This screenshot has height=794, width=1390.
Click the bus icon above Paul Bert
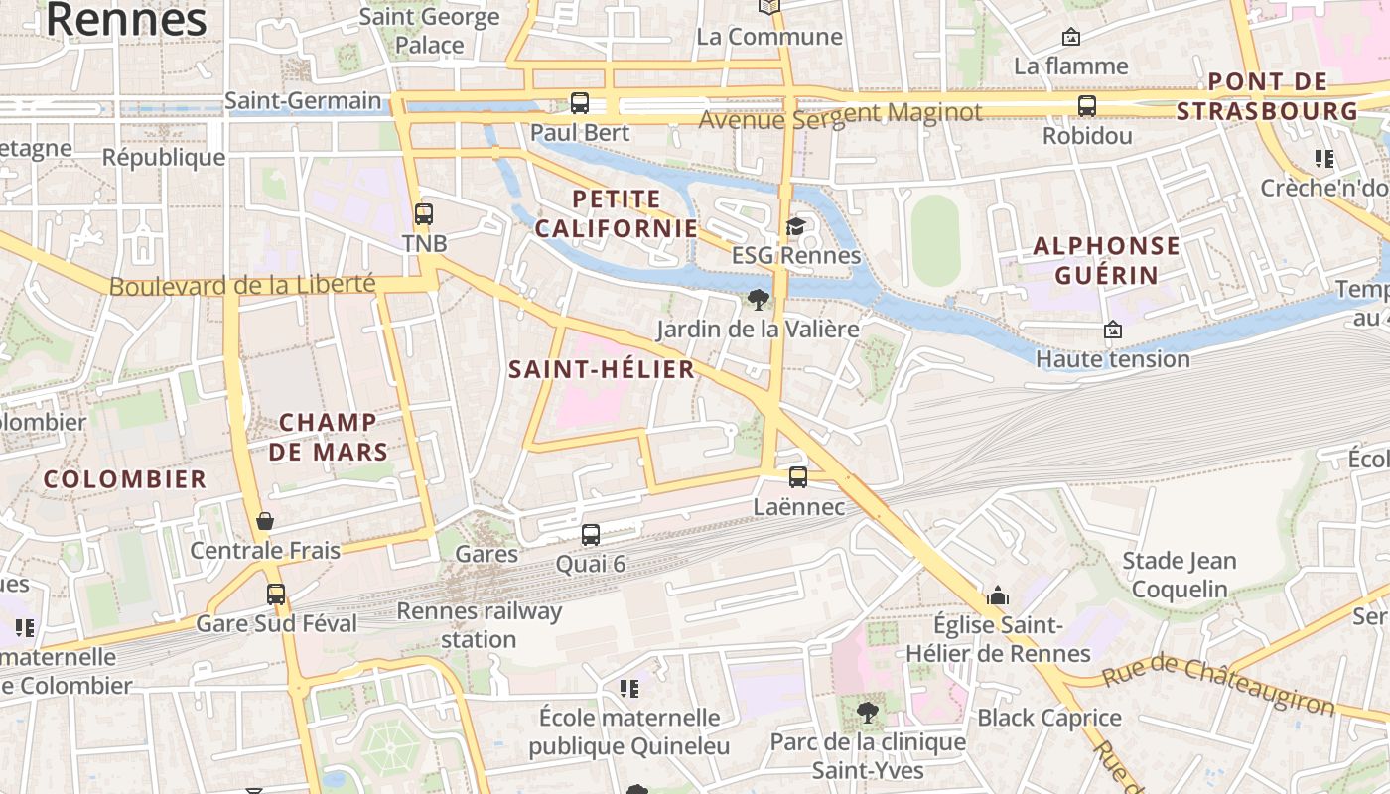click(579, 102)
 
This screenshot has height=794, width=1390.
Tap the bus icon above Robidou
click(1087, 106)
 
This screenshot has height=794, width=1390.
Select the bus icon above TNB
click(424, 214)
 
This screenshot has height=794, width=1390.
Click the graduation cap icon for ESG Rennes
click(795, 226)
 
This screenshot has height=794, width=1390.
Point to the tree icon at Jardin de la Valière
click(759, 299)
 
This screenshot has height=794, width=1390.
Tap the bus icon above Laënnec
click(798, 477)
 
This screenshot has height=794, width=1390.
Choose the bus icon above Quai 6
click(591, 535)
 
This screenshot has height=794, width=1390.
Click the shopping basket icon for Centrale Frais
click(265, 521)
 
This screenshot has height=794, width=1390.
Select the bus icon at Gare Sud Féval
click(276, 595)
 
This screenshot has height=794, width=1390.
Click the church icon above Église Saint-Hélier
click(998, 596)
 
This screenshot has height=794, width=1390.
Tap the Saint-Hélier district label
click(601, 370)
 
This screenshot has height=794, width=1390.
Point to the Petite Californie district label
click(617, 213)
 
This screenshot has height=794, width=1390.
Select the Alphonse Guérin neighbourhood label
click(1106, 260)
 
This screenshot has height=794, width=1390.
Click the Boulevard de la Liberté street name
click(242, 286)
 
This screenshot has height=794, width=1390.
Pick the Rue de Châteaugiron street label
click(1218, 686)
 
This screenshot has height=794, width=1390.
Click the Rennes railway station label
click(479, 625)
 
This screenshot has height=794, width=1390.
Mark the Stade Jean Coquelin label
click(1179, 575)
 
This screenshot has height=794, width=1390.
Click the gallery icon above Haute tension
click(1113, 330)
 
